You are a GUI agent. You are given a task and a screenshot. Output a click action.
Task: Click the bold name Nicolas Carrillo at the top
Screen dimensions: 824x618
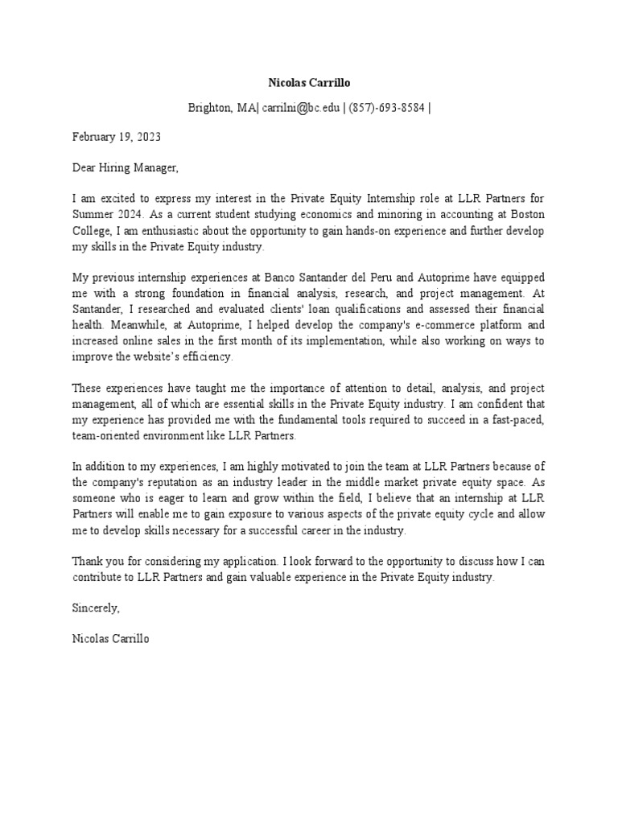[x=308, y=83]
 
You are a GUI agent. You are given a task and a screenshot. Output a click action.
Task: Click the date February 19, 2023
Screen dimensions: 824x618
[x=117, y=137]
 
